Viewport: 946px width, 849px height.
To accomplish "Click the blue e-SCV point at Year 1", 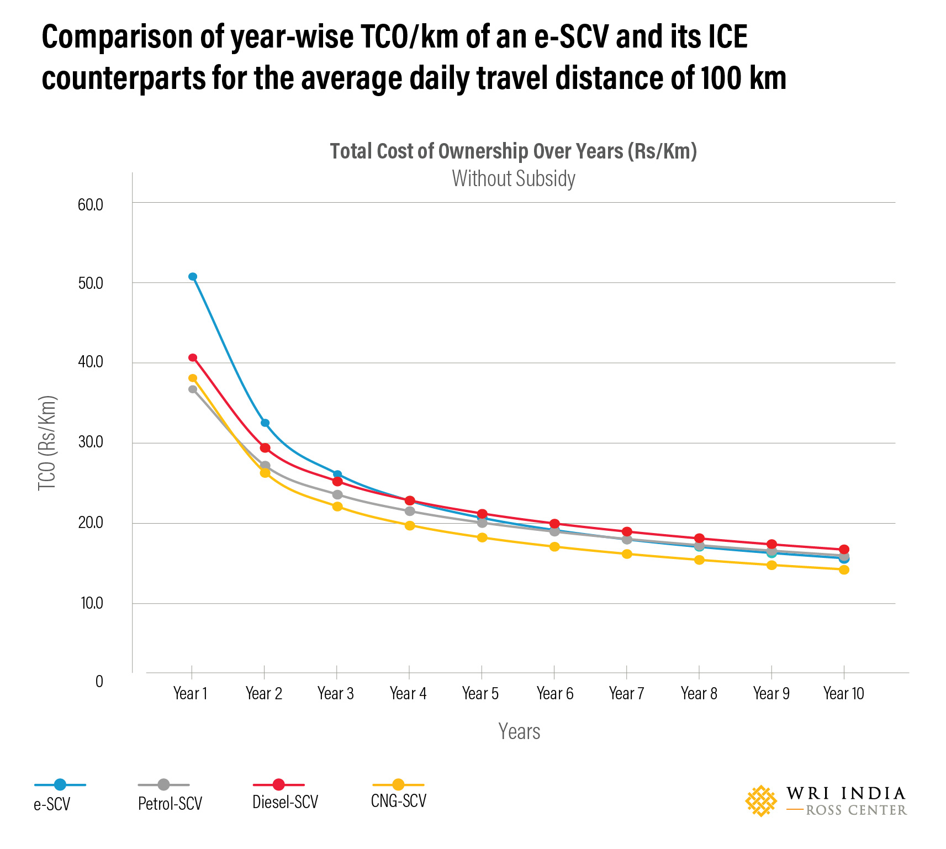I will pos(193,277).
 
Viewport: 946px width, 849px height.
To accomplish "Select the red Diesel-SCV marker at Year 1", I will pos(193,358).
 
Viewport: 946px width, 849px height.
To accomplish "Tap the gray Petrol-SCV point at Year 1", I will pos(193,389).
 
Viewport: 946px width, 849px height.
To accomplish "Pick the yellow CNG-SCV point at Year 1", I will pos(193,378).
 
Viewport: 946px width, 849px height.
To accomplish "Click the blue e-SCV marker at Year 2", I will pos(265,423).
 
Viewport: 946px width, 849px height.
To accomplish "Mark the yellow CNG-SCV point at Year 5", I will pos(482,537).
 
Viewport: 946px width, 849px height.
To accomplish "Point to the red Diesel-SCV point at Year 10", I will pos(844,550).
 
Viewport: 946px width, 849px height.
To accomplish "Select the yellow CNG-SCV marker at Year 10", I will pos(844,569).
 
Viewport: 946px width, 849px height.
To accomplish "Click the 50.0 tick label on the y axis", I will pos(91,284).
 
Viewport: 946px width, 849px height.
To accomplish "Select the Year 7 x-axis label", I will pos(626,694).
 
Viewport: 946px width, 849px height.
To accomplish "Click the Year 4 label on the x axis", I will pos(408,694).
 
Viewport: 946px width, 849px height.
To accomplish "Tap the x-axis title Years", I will pos(519,731).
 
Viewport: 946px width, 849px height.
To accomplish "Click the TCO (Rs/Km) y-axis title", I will pos(47,443).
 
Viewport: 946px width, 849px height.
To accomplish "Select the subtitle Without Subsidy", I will pos(514,179).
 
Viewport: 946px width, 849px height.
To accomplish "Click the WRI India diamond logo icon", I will pos(761,801).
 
